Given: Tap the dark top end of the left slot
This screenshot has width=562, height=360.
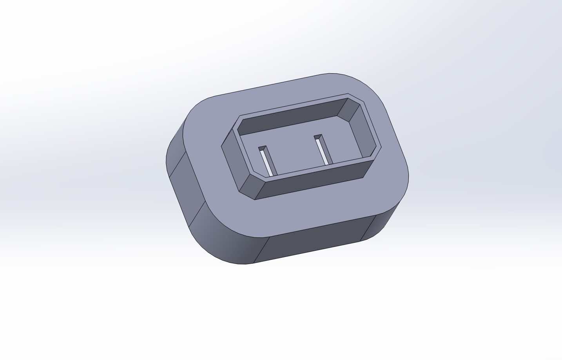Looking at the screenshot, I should coord(262,148).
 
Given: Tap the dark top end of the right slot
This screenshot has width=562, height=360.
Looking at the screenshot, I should coord(318,137).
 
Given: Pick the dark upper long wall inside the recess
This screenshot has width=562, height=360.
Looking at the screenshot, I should coord(290,116).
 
